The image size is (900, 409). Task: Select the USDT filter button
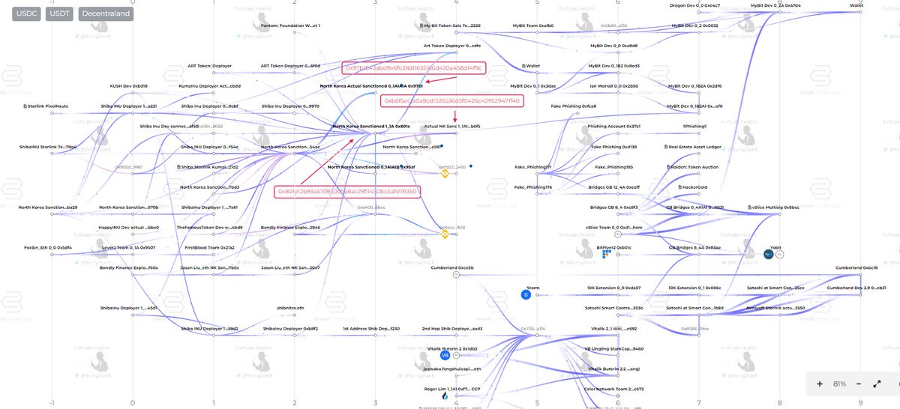tap(60, 13)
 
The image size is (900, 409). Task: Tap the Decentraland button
tap(105, 13)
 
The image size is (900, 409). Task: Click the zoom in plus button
tap(820, 384)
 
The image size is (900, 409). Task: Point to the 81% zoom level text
tap(840, 384)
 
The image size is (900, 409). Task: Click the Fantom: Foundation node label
tap(290, 25)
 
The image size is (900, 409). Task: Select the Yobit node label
tap(775, 246)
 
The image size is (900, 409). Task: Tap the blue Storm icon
tap(526, 294)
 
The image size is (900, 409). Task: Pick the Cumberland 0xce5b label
tap(452, 267)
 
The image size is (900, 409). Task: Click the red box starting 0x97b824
tap(414, 67)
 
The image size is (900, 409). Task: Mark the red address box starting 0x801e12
tap(346, 192)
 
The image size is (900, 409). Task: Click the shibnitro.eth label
tap(290, 308)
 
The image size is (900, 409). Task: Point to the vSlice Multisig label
tap(775, 207)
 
